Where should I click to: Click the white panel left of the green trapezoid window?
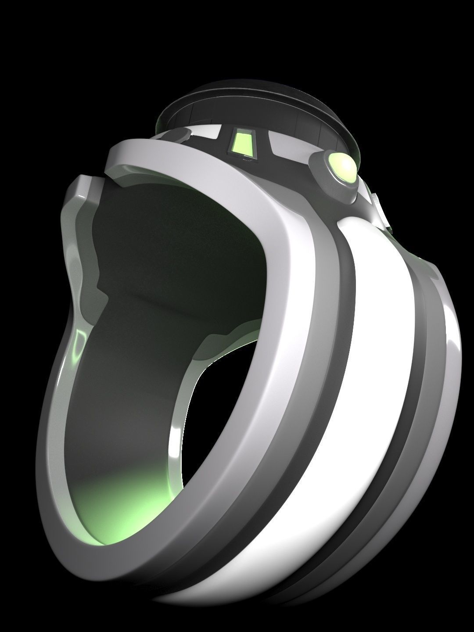pos(206,132)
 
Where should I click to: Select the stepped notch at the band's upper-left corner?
pos(81,189)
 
